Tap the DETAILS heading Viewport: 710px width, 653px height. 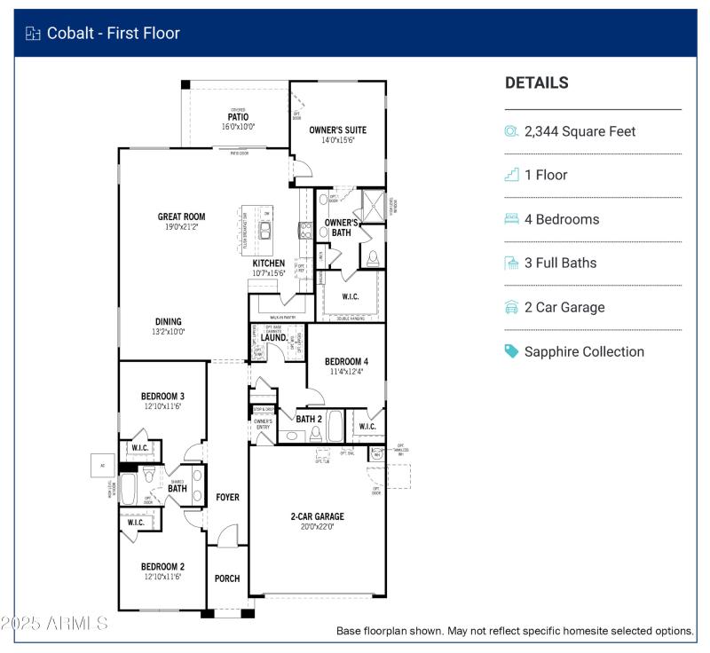coord(536,83)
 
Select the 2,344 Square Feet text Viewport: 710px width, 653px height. coord(580,131)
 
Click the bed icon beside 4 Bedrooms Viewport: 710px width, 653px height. coord(511,219)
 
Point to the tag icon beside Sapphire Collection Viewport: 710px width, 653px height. coord(511,351)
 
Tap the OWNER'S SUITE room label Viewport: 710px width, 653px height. coord(337,130)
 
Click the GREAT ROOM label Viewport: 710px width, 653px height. coord(181,216)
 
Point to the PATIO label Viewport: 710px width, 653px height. coord(238,117)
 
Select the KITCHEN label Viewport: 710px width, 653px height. coord(269,264)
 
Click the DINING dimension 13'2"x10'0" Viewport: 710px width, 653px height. coord(169,333)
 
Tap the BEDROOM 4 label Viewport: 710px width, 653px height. coord(346,362)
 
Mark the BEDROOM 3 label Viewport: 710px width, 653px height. coord(162,396)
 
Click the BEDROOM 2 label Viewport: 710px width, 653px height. coord(162,566)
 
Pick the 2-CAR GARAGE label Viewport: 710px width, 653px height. coord(317,516)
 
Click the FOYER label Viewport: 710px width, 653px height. coord(227,498)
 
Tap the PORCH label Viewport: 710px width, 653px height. coord(227,578)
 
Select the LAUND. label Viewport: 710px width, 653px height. coord(273,338)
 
